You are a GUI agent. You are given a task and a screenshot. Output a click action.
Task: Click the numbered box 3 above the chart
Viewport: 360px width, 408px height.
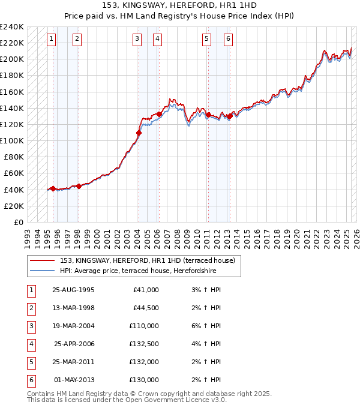(x=137, y=40)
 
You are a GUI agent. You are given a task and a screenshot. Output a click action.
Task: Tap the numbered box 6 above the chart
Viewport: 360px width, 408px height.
(x=229, y=40)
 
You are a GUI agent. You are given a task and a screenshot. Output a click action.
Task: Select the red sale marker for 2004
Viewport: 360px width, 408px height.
(x=139, y=133)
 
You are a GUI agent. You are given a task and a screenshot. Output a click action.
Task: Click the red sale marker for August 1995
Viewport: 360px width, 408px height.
(x=53, y=188)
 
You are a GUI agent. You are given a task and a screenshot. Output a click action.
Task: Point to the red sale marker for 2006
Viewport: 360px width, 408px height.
(x=159, y=114)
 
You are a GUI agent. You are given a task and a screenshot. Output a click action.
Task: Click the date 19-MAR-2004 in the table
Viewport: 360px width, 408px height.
(x=73, y=326)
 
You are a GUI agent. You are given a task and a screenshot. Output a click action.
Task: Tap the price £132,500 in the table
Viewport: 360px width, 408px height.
(x=144, y=344)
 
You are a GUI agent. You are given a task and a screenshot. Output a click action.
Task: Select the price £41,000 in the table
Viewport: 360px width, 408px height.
(x=146, y=290)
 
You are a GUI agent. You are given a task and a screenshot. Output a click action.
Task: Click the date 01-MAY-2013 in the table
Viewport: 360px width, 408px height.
(x=74, y=380)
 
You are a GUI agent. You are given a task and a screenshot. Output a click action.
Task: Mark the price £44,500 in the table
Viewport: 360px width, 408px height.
(x=146, y=308)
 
